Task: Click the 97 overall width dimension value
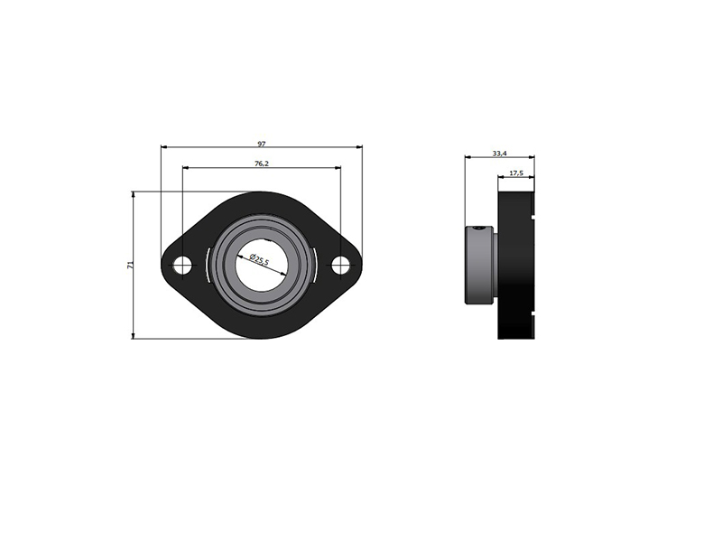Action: coord(262,144)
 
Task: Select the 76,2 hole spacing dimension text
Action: coord(261,164)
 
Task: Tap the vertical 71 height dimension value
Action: coord(130,265)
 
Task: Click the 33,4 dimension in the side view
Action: coord(500,153)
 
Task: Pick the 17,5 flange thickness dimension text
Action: coord(516,173)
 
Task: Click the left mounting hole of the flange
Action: coord(182,265)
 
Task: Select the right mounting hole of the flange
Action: coord(340,265)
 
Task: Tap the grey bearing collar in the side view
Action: coord(480,265)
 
